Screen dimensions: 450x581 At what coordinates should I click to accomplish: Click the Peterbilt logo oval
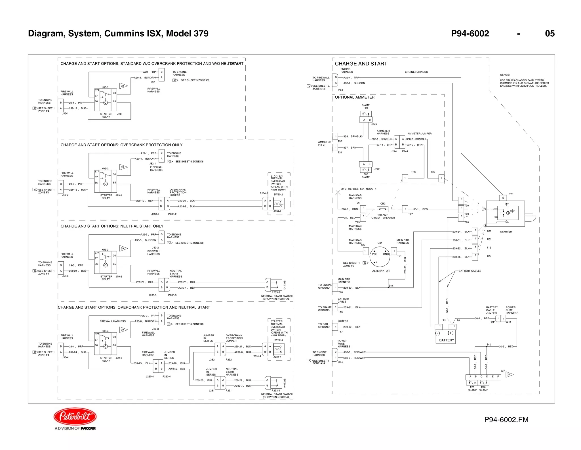click(x=75, y=416)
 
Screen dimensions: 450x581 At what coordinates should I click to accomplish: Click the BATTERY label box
click(x=446, y=340)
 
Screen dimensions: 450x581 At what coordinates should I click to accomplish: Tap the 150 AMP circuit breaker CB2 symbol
click(x=383, y=209)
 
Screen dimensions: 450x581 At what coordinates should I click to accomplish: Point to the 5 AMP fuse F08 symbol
click(x=366, y=114)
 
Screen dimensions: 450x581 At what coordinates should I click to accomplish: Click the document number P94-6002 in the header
click(x=470, y=34)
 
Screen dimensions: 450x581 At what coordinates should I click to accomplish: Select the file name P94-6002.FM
click(x=506, y=420)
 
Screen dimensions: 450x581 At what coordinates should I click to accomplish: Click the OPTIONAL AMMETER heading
click(x=354, y=97)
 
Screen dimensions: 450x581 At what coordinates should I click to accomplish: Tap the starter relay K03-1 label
click(x=105, y=87)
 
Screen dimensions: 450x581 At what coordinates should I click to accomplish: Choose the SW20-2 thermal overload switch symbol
click(x=279, y=203)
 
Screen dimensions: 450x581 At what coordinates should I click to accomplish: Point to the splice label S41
click(x=391, y=286)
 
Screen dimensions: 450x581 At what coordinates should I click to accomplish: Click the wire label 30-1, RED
click(x=420, y=209)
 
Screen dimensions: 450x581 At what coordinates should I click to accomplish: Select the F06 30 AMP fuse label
click(x=483, y=389)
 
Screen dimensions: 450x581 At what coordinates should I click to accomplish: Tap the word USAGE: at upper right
click(x=505, y=75)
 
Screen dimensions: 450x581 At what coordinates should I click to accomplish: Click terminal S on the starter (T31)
click(x=503, y=198)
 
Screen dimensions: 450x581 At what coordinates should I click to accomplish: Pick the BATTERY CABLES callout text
click(x=470, y=271)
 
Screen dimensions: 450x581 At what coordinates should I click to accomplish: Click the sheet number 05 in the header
click(x=550, y=34)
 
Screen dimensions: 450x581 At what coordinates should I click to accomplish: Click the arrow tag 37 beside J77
click(x=509, y=374)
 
